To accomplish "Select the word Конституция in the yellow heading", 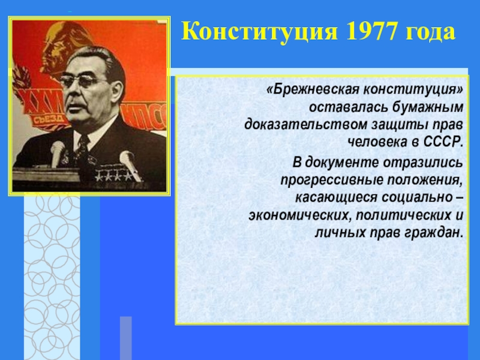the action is [x=260, y=32].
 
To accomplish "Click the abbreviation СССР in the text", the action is [x=442, y=142].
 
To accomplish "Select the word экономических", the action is [x=299, y=215].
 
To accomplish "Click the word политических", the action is [x=400, y=215].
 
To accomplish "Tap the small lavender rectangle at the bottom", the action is [x=126, y=338].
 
